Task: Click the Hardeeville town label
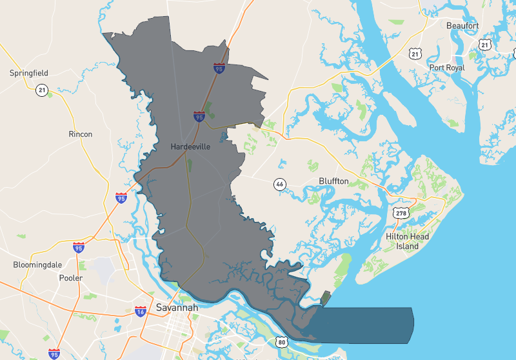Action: [x=190, y=146]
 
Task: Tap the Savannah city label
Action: [x=177, y=308]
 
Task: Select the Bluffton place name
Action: [x=333, y=181]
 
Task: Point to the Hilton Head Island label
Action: [x=407, y=241]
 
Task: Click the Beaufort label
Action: [x=462, y=25]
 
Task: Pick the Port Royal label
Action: [x=446, y=68]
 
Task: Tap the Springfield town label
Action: [x=28, y=73]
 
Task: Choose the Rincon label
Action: [x=81, y=134]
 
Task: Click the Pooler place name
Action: [x=70, y=278]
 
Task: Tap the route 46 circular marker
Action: [x=279, y=184]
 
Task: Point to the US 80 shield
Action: [x=281, y=341]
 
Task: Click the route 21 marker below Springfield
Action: [x=42, y=90]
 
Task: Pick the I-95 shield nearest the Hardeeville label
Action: [x=199, y=116]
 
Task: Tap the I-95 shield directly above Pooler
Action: [x=78, y=247]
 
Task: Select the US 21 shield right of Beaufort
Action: [x=485, y=44]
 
